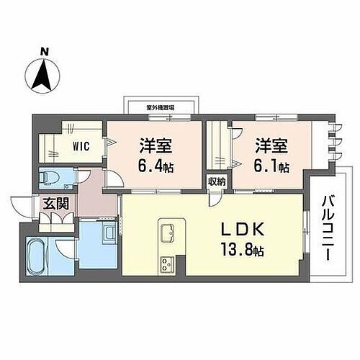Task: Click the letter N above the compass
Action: (45, 51)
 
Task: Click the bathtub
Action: (35, 258)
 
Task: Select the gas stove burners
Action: (167, 262)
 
